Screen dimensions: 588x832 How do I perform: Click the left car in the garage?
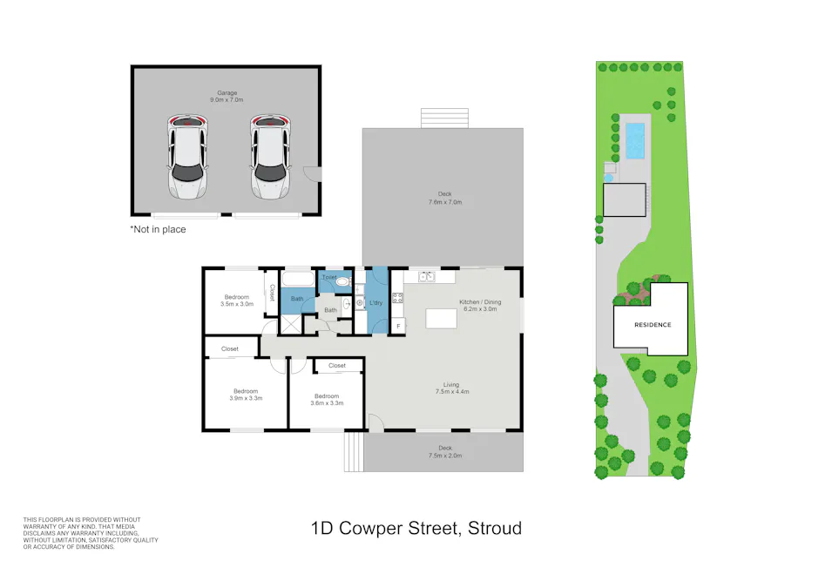186,158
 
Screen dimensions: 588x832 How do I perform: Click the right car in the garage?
269,158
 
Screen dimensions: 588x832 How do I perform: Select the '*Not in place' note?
158,230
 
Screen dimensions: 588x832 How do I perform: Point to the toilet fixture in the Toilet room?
342,281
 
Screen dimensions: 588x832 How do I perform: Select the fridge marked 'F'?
398,326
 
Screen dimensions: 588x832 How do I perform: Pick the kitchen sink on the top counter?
427,277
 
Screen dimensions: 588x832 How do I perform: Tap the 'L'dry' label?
375,302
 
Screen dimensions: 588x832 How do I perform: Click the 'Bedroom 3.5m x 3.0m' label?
235,301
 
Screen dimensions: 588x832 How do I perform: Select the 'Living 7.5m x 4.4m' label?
450,388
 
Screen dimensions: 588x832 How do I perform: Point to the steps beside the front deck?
352,453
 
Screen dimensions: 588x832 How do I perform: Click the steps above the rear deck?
444,118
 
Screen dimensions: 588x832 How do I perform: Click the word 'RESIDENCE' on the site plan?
653,324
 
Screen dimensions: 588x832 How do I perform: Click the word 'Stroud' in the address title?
495,528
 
